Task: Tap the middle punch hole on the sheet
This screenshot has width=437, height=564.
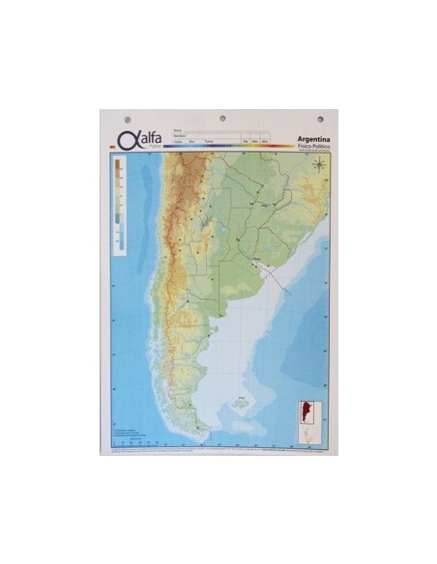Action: tap(222, 118)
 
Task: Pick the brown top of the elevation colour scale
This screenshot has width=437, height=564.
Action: tap(118, 166)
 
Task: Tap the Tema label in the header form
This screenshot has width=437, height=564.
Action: tap(176, 128)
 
